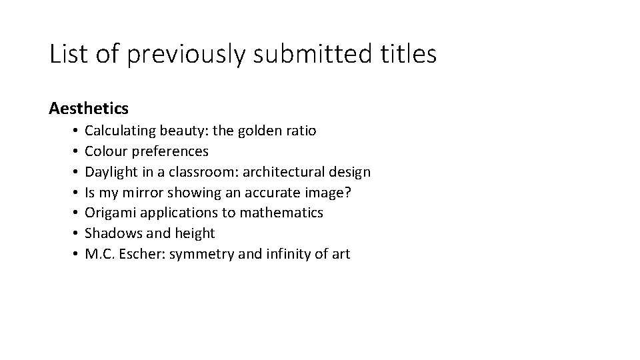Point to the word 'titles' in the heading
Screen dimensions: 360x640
pyautogui.click(x=407, y=53)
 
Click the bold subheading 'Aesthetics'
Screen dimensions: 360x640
pyautogui.click(x=89, y=107)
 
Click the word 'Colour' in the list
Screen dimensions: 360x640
pyautogui.click(x=105, y=151)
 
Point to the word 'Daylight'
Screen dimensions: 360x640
pyautogui.click(x=111, y=172)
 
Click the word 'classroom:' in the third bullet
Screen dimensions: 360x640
pyautogui.click(x=203, y=172)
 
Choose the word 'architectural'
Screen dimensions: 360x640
pyautogui.click(x=285, y=172)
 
